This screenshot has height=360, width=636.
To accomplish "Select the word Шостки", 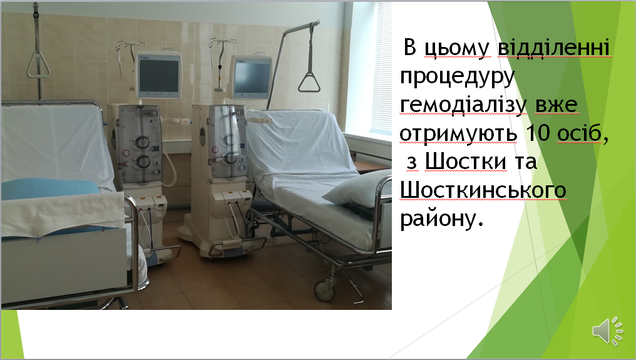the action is (x=466, y=162).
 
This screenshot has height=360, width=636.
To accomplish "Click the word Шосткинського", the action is (x=483, y=191).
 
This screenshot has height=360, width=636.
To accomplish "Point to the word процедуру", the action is (x=457, y=77).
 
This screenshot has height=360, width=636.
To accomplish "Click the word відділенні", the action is (x=553, y=48).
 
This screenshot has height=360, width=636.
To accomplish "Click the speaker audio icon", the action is (x=607, y=331).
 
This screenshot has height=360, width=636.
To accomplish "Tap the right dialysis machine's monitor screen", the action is (x=252, y=78).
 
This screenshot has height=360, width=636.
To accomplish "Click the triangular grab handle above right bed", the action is (x=309, y=82).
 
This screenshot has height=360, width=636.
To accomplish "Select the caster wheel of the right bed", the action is (x=325, y=291).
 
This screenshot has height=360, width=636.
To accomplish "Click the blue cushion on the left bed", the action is (x=49, y=189).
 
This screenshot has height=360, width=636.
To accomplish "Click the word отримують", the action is (x=458, y=134).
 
